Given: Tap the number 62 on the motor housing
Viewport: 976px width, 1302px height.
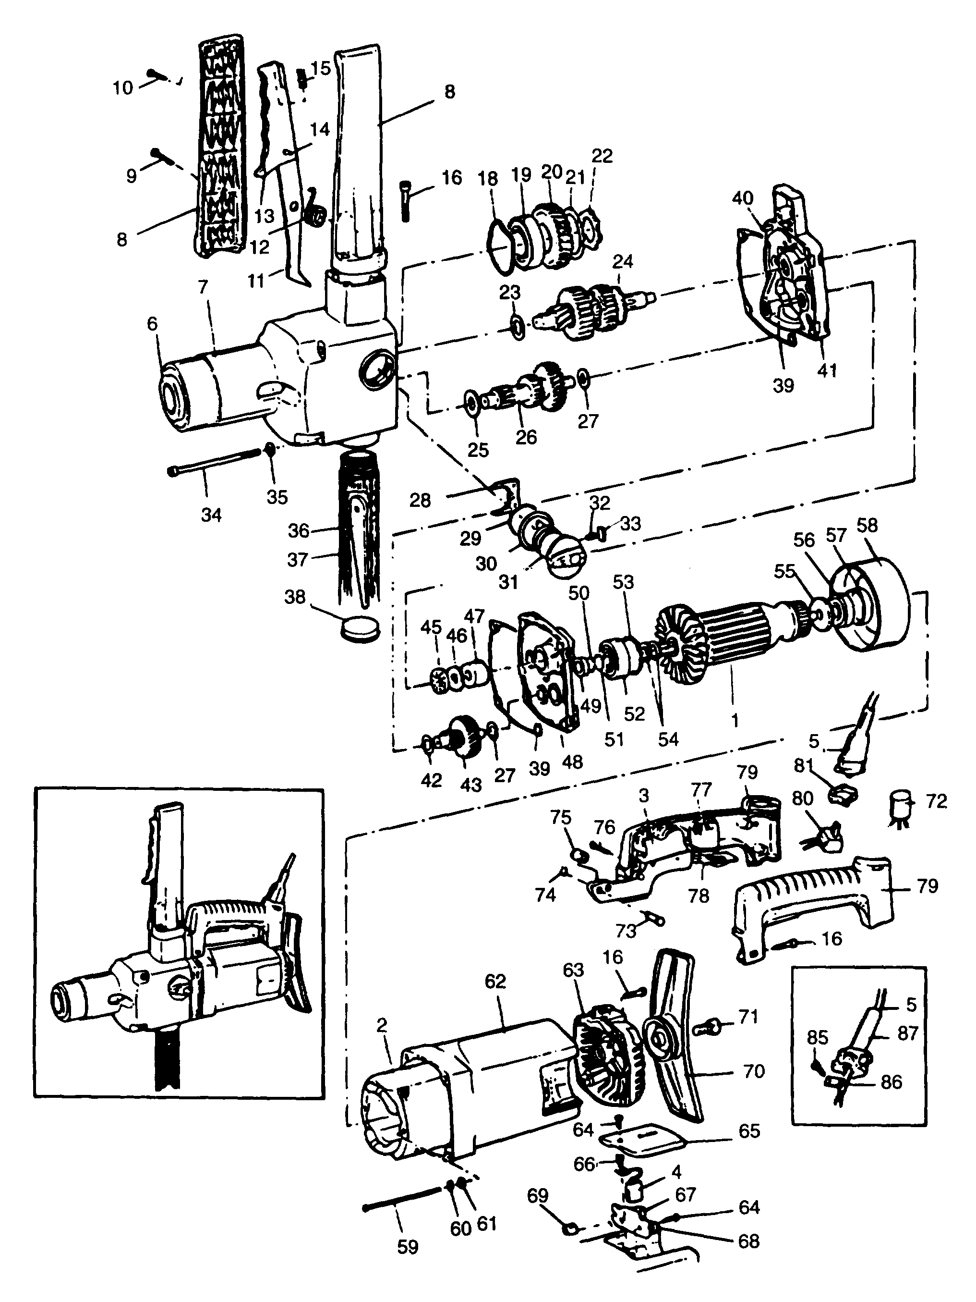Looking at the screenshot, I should pos(495,981).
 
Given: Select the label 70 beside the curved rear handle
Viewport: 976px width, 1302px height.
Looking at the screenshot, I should pos(754,1071).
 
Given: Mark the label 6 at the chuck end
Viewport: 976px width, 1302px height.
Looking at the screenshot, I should pos(152,324).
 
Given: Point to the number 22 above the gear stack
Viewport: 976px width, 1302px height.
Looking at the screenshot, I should pos(602,156).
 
